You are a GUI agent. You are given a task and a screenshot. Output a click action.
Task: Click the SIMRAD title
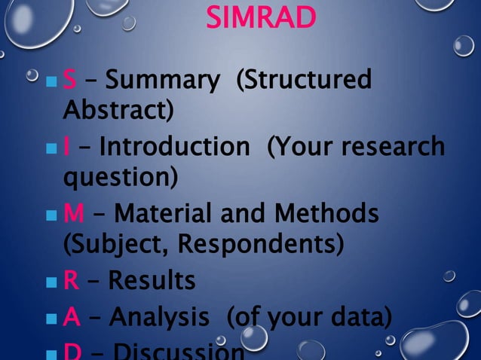[261, 18]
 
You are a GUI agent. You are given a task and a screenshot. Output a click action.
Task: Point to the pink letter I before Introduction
[66, 146]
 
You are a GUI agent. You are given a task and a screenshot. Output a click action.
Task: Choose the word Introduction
[174, 146]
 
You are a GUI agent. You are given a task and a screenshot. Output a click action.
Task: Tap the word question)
[120, 178]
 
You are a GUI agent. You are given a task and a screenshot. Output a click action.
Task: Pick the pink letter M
[73, 213]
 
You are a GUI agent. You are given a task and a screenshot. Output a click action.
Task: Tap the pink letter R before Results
[71, 280]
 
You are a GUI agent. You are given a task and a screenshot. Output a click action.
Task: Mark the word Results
[152, 280]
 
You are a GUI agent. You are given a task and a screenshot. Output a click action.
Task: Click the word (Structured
[304, 80]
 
